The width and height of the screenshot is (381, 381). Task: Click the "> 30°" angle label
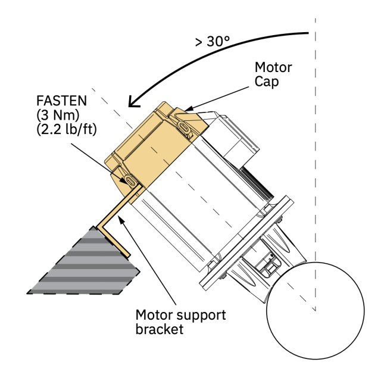[212, 41]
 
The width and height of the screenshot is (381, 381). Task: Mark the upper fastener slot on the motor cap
[184, 127]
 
